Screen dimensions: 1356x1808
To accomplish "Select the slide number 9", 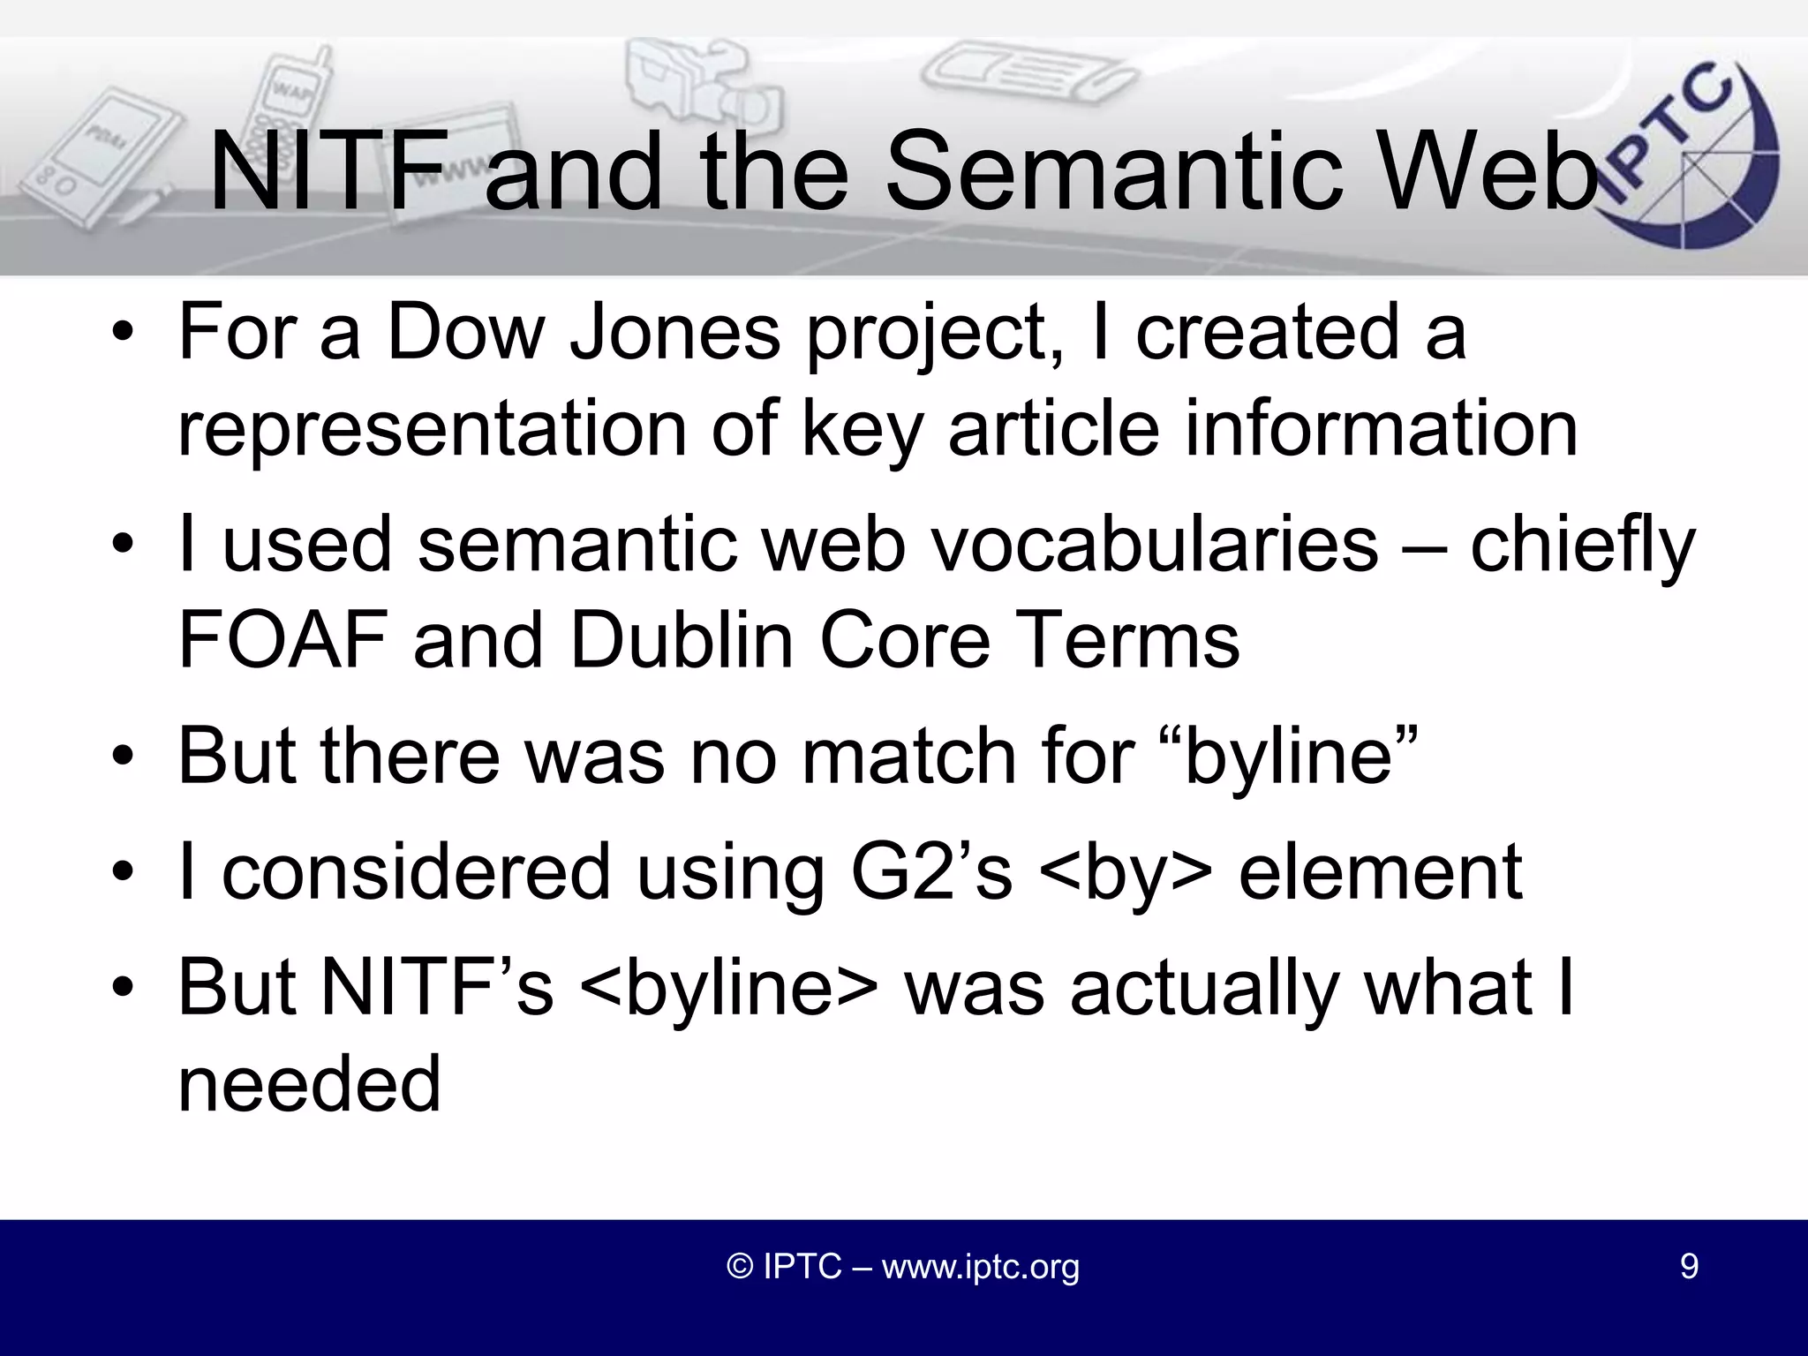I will [x=1688, y=1266].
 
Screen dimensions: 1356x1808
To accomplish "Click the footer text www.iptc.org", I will [x=980, y=1266].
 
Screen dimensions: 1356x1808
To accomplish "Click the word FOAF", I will [x=283, y=640].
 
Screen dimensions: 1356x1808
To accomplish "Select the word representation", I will [x=433, y=430].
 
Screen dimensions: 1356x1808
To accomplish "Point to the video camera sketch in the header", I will [x=697, y=84].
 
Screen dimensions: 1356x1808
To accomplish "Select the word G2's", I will [x=930, y=873].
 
